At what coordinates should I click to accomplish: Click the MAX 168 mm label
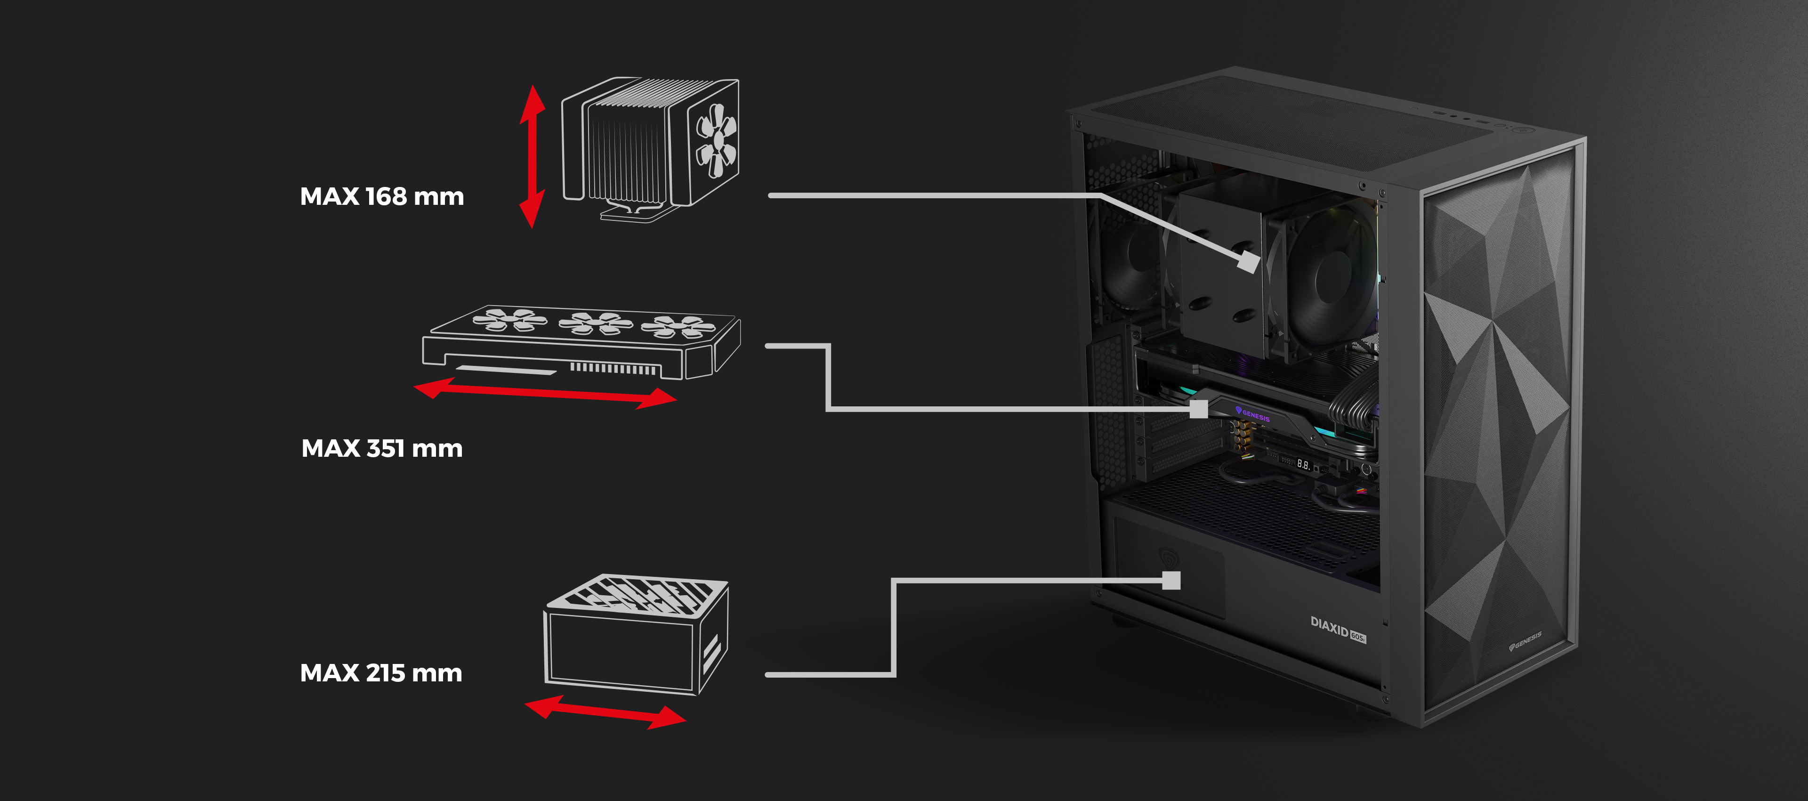(382, 196)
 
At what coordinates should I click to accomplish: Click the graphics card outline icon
(581, 343)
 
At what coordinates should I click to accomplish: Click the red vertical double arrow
(532, 156)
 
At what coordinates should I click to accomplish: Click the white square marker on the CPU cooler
(1247, 262)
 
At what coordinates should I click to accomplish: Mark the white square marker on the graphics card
(1199, 409)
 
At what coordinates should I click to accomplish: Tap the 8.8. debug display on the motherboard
(1303, 464)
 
